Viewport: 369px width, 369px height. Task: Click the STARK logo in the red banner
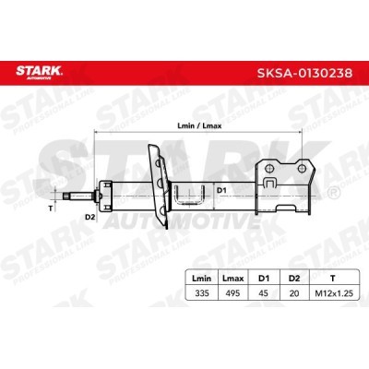39,72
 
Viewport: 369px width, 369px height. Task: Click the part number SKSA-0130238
304,73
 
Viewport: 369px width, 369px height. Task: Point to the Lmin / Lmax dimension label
199,125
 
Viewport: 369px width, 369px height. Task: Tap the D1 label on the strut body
221,190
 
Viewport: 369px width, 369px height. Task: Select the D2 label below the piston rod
89,218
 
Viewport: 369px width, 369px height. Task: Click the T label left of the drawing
51,208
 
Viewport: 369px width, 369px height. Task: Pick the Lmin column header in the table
202,279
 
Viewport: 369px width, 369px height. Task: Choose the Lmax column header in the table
232,279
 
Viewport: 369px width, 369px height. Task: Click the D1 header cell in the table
264,279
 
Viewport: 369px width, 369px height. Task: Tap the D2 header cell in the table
294,279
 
